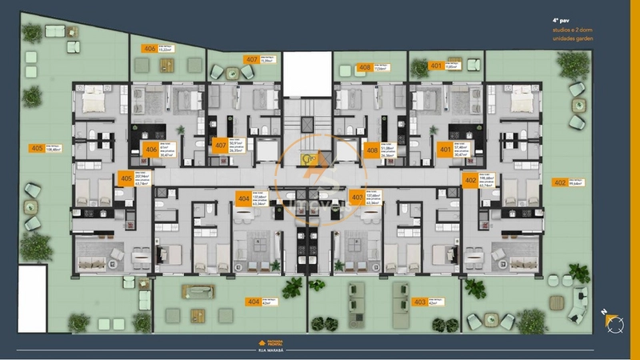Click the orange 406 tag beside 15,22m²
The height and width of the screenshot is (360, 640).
coord(150,49)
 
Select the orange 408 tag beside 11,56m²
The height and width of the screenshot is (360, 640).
coord(365,68)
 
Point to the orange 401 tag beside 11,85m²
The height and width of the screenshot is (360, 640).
coord(436,66)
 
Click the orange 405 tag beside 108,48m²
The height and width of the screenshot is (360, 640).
coord(36,149)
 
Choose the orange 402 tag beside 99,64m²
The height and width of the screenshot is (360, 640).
coord(559,182)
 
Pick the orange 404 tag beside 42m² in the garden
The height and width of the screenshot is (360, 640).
coord(254,302)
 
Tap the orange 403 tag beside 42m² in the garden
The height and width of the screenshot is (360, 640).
coord(419,302)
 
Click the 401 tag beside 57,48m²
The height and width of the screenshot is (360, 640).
coord(444,149)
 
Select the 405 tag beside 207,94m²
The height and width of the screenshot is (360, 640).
coord(126,179)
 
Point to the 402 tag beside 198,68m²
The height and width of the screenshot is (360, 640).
coord(470,181)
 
